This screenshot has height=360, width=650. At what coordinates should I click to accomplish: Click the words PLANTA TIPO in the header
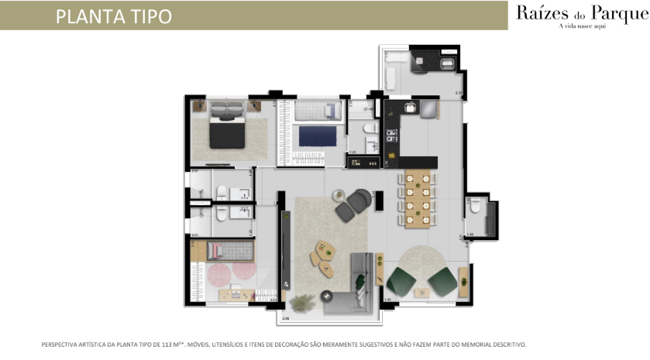click(113, 16)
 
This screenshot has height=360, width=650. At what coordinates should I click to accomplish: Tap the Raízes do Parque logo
click(579, 13)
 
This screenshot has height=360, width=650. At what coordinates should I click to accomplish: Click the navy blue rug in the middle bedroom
click(318, 136)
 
